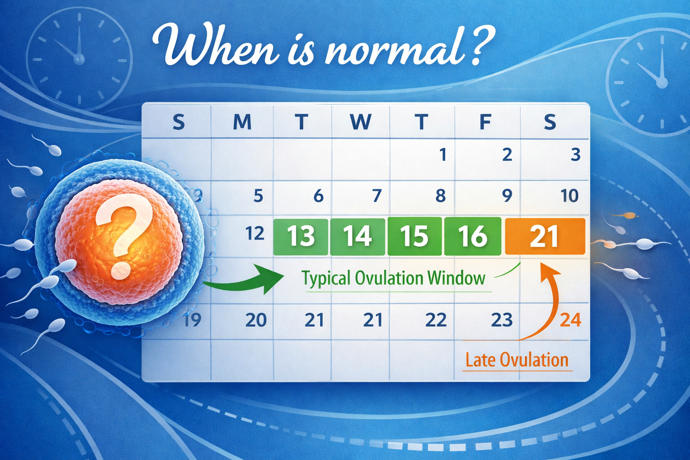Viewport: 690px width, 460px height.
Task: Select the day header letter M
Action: (x=242, y=122)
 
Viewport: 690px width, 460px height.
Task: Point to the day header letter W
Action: (x=361, y=122)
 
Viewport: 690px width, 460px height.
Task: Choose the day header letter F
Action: (x=485, y=122)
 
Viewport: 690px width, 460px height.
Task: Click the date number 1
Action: (x=443, y=155)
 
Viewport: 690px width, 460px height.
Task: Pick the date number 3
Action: (x=575, y=155)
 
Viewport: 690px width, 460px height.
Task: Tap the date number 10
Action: (x=569, y=196)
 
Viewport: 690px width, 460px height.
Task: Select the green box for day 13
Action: (x=301, y=236)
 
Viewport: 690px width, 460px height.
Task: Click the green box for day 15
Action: (x=414, y=236)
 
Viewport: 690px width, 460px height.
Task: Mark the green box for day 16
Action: (x=473, y=236)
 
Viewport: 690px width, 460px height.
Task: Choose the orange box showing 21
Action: (x=544, y=236)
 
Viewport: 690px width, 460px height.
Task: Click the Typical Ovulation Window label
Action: (x=394, y=279)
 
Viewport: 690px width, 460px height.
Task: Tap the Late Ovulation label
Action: (x=517, y=360)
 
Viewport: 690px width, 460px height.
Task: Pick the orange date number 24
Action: (x=571, y=320)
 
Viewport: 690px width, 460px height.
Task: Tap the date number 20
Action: (x=256, y=320)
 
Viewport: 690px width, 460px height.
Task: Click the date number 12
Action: (x=255, y=234)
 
